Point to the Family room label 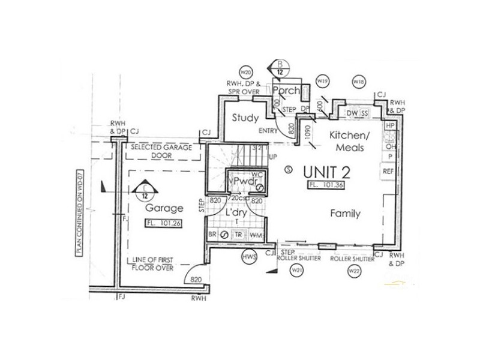pyautogui.click(x=345, y=213)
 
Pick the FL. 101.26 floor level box pyautogui.click(x=163, y=224)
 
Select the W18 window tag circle pyautogui.click(x=359, y=81)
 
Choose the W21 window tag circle pyautogui.click(x=295, y=271)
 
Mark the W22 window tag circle pyautogui.click(x=353, y=271)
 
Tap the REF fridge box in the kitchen pyautogui.click(x=388, y=172)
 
